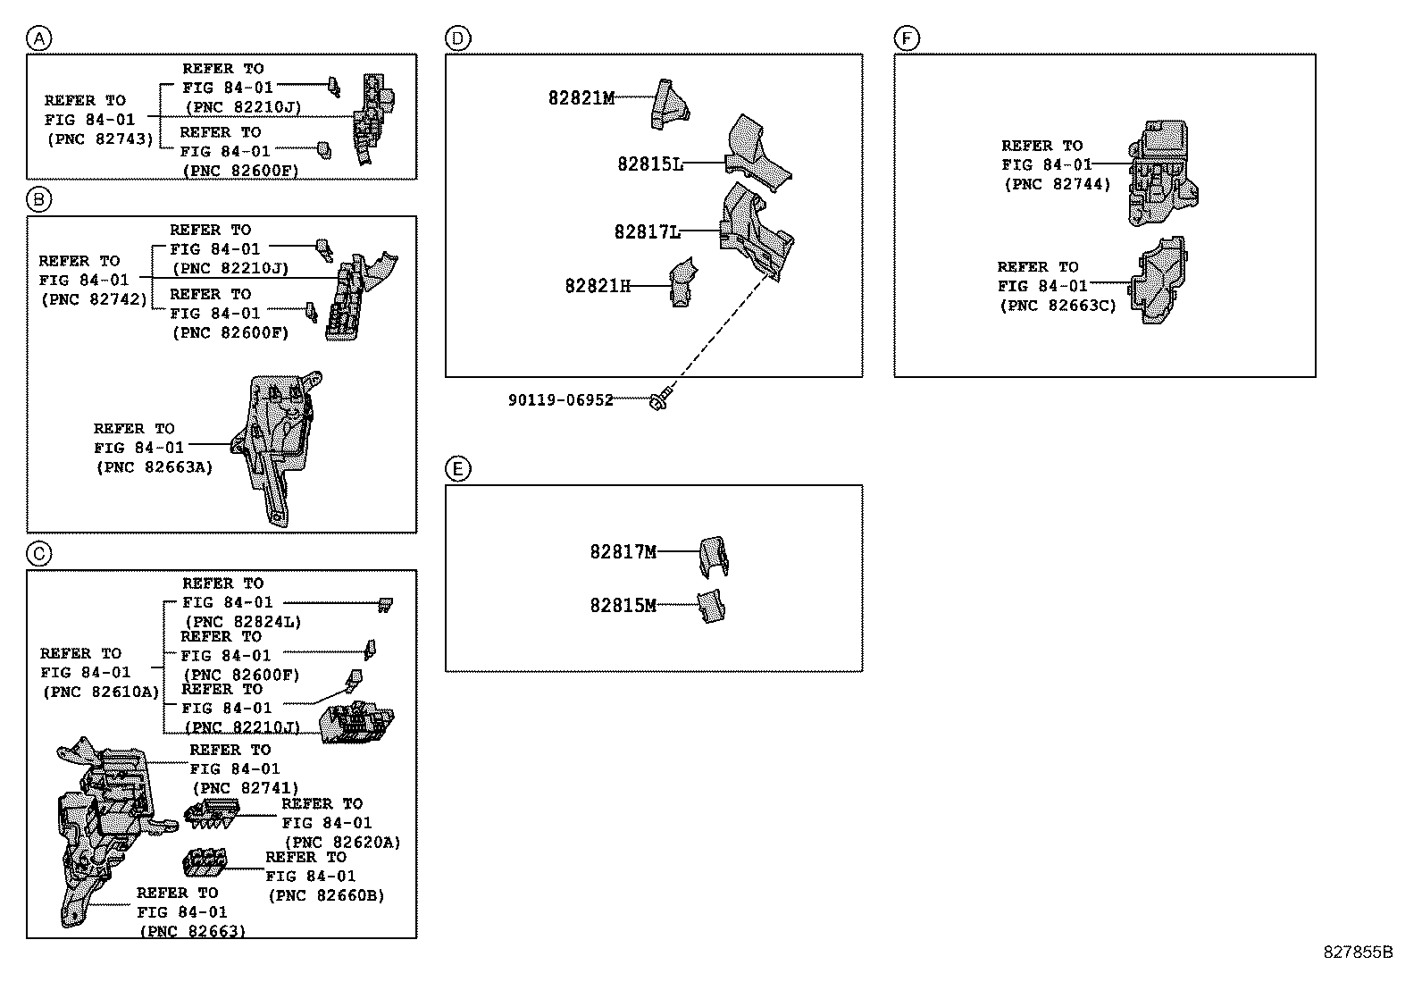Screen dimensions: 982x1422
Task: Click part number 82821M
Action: point(581,98)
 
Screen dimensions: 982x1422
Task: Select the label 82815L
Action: point(650,164)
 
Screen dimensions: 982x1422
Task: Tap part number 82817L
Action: point(648,232)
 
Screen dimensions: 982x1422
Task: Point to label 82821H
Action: point(598,286)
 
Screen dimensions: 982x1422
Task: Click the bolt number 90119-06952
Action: point(561,400)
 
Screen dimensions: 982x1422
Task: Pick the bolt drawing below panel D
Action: point(662,401)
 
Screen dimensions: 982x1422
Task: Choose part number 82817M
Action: point(623,552)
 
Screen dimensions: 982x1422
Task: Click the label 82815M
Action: point(623,606)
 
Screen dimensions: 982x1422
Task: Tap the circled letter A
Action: point(39,38)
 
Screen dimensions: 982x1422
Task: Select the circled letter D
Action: point(457,38)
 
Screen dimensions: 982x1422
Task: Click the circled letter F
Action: point(906,38)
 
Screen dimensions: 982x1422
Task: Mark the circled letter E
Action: point(457,469)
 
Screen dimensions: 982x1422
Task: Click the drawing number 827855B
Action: point(1358,952)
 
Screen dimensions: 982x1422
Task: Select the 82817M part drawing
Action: point(713,556)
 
